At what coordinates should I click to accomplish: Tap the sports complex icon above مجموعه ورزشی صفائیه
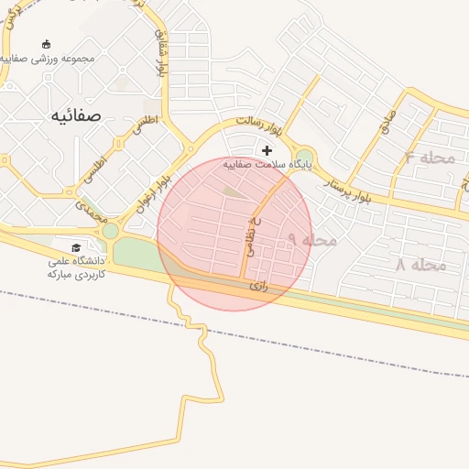47,43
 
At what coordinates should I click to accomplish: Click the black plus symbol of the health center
267,150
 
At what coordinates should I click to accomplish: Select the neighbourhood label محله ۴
431,158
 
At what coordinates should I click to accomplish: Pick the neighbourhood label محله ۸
420,265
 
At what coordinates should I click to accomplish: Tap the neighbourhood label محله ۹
312,239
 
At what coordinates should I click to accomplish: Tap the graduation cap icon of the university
76,247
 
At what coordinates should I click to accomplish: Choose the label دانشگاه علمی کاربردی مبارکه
78,267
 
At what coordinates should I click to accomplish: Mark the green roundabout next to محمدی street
110,231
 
